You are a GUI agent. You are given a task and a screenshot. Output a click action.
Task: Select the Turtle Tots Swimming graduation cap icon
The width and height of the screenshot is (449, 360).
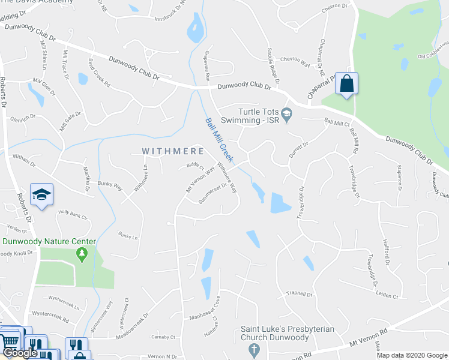[x=287, y=113]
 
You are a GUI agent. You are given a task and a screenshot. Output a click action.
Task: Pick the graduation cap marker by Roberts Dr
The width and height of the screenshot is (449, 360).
[x=41, y=194]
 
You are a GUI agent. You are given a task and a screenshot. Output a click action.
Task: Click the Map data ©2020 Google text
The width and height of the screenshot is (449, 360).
[x=411, y=355]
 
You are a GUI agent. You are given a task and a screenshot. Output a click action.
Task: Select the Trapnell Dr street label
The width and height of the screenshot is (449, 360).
[x=301, y=294]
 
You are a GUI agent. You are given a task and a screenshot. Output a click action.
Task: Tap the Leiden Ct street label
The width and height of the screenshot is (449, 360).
[x=387, y=296]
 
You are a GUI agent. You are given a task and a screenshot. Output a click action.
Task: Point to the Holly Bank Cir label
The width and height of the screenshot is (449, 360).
[x=73, y=214]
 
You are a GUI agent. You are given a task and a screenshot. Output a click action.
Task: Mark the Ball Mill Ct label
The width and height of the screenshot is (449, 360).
[x=337, y=122]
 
